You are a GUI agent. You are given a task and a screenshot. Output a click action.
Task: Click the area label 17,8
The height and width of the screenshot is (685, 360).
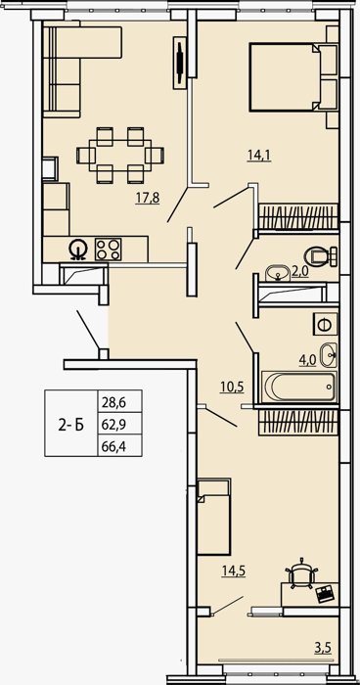tap(148, 198)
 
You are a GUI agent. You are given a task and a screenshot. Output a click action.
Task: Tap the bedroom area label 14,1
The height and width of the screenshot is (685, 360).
tap(259, 155)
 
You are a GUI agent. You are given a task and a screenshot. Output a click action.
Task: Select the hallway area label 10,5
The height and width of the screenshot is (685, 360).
tap(232, 387)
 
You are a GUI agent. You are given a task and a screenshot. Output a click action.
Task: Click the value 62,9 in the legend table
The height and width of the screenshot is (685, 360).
tap(114, 424)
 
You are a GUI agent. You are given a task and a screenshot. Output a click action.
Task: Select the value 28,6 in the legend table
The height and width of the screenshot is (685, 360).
tap(114, 401)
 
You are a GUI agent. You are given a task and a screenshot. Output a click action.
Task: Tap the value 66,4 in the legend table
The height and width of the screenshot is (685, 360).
tap(114, 446)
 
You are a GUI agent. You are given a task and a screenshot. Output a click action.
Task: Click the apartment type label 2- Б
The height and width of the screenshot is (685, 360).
tap(71, 424)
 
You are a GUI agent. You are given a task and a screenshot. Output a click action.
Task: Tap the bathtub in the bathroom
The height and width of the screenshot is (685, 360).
tap(299, 387)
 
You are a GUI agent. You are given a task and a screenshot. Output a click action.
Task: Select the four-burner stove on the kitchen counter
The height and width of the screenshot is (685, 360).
tap(109, 250)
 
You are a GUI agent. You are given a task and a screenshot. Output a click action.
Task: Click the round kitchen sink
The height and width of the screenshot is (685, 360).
tap(78, 250)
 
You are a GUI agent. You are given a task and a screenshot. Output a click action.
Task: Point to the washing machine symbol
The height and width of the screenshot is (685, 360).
tap(326, 324)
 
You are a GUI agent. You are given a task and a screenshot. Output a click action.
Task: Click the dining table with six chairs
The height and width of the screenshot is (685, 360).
tap(120, 155)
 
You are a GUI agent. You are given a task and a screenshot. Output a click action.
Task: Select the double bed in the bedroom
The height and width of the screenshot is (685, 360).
tap(293, 77)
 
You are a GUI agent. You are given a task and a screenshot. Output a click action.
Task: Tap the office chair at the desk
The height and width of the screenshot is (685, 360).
tap(301, 572)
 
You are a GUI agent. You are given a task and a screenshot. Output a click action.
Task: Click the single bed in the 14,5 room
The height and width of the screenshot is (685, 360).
tap(213, 517)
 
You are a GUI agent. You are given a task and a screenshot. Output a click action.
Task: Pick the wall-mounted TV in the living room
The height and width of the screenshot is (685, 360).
tap(180, 63)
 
